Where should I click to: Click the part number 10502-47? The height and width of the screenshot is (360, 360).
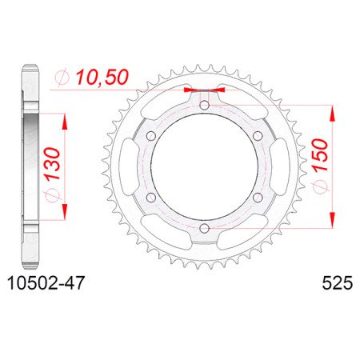coord(46,283)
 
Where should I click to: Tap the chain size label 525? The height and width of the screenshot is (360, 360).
coord(338,283)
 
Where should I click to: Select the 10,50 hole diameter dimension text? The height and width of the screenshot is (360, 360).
coord(102,78)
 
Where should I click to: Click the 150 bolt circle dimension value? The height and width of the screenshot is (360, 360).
coord(320,154)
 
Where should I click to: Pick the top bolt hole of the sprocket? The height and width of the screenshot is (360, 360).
coord(205,106)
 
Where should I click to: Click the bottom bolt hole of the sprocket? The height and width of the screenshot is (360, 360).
coord(205,228)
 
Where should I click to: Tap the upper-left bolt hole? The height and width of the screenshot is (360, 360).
coord(151,136)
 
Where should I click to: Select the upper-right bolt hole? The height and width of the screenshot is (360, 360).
coord(258,136)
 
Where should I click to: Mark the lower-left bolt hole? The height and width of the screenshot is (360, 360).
coord(151,198)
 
